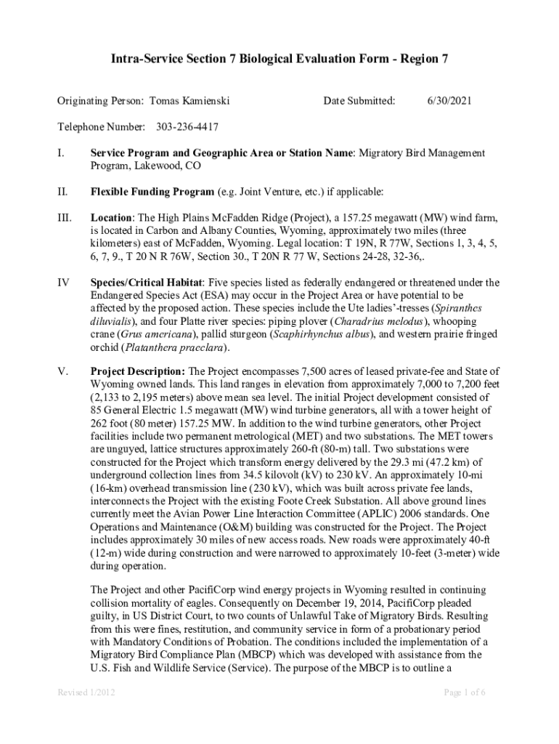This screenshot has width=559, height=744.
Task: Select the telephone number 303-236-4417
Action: tap(187, 127)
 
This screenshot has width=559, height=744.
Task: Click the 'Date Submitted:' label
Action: tap(359, 100)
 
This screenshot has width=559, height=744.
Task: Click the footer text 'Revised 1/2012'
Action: tap(86, 692)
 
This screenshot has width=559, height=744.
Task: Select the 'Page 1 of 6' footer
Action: tap(465, 692)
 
